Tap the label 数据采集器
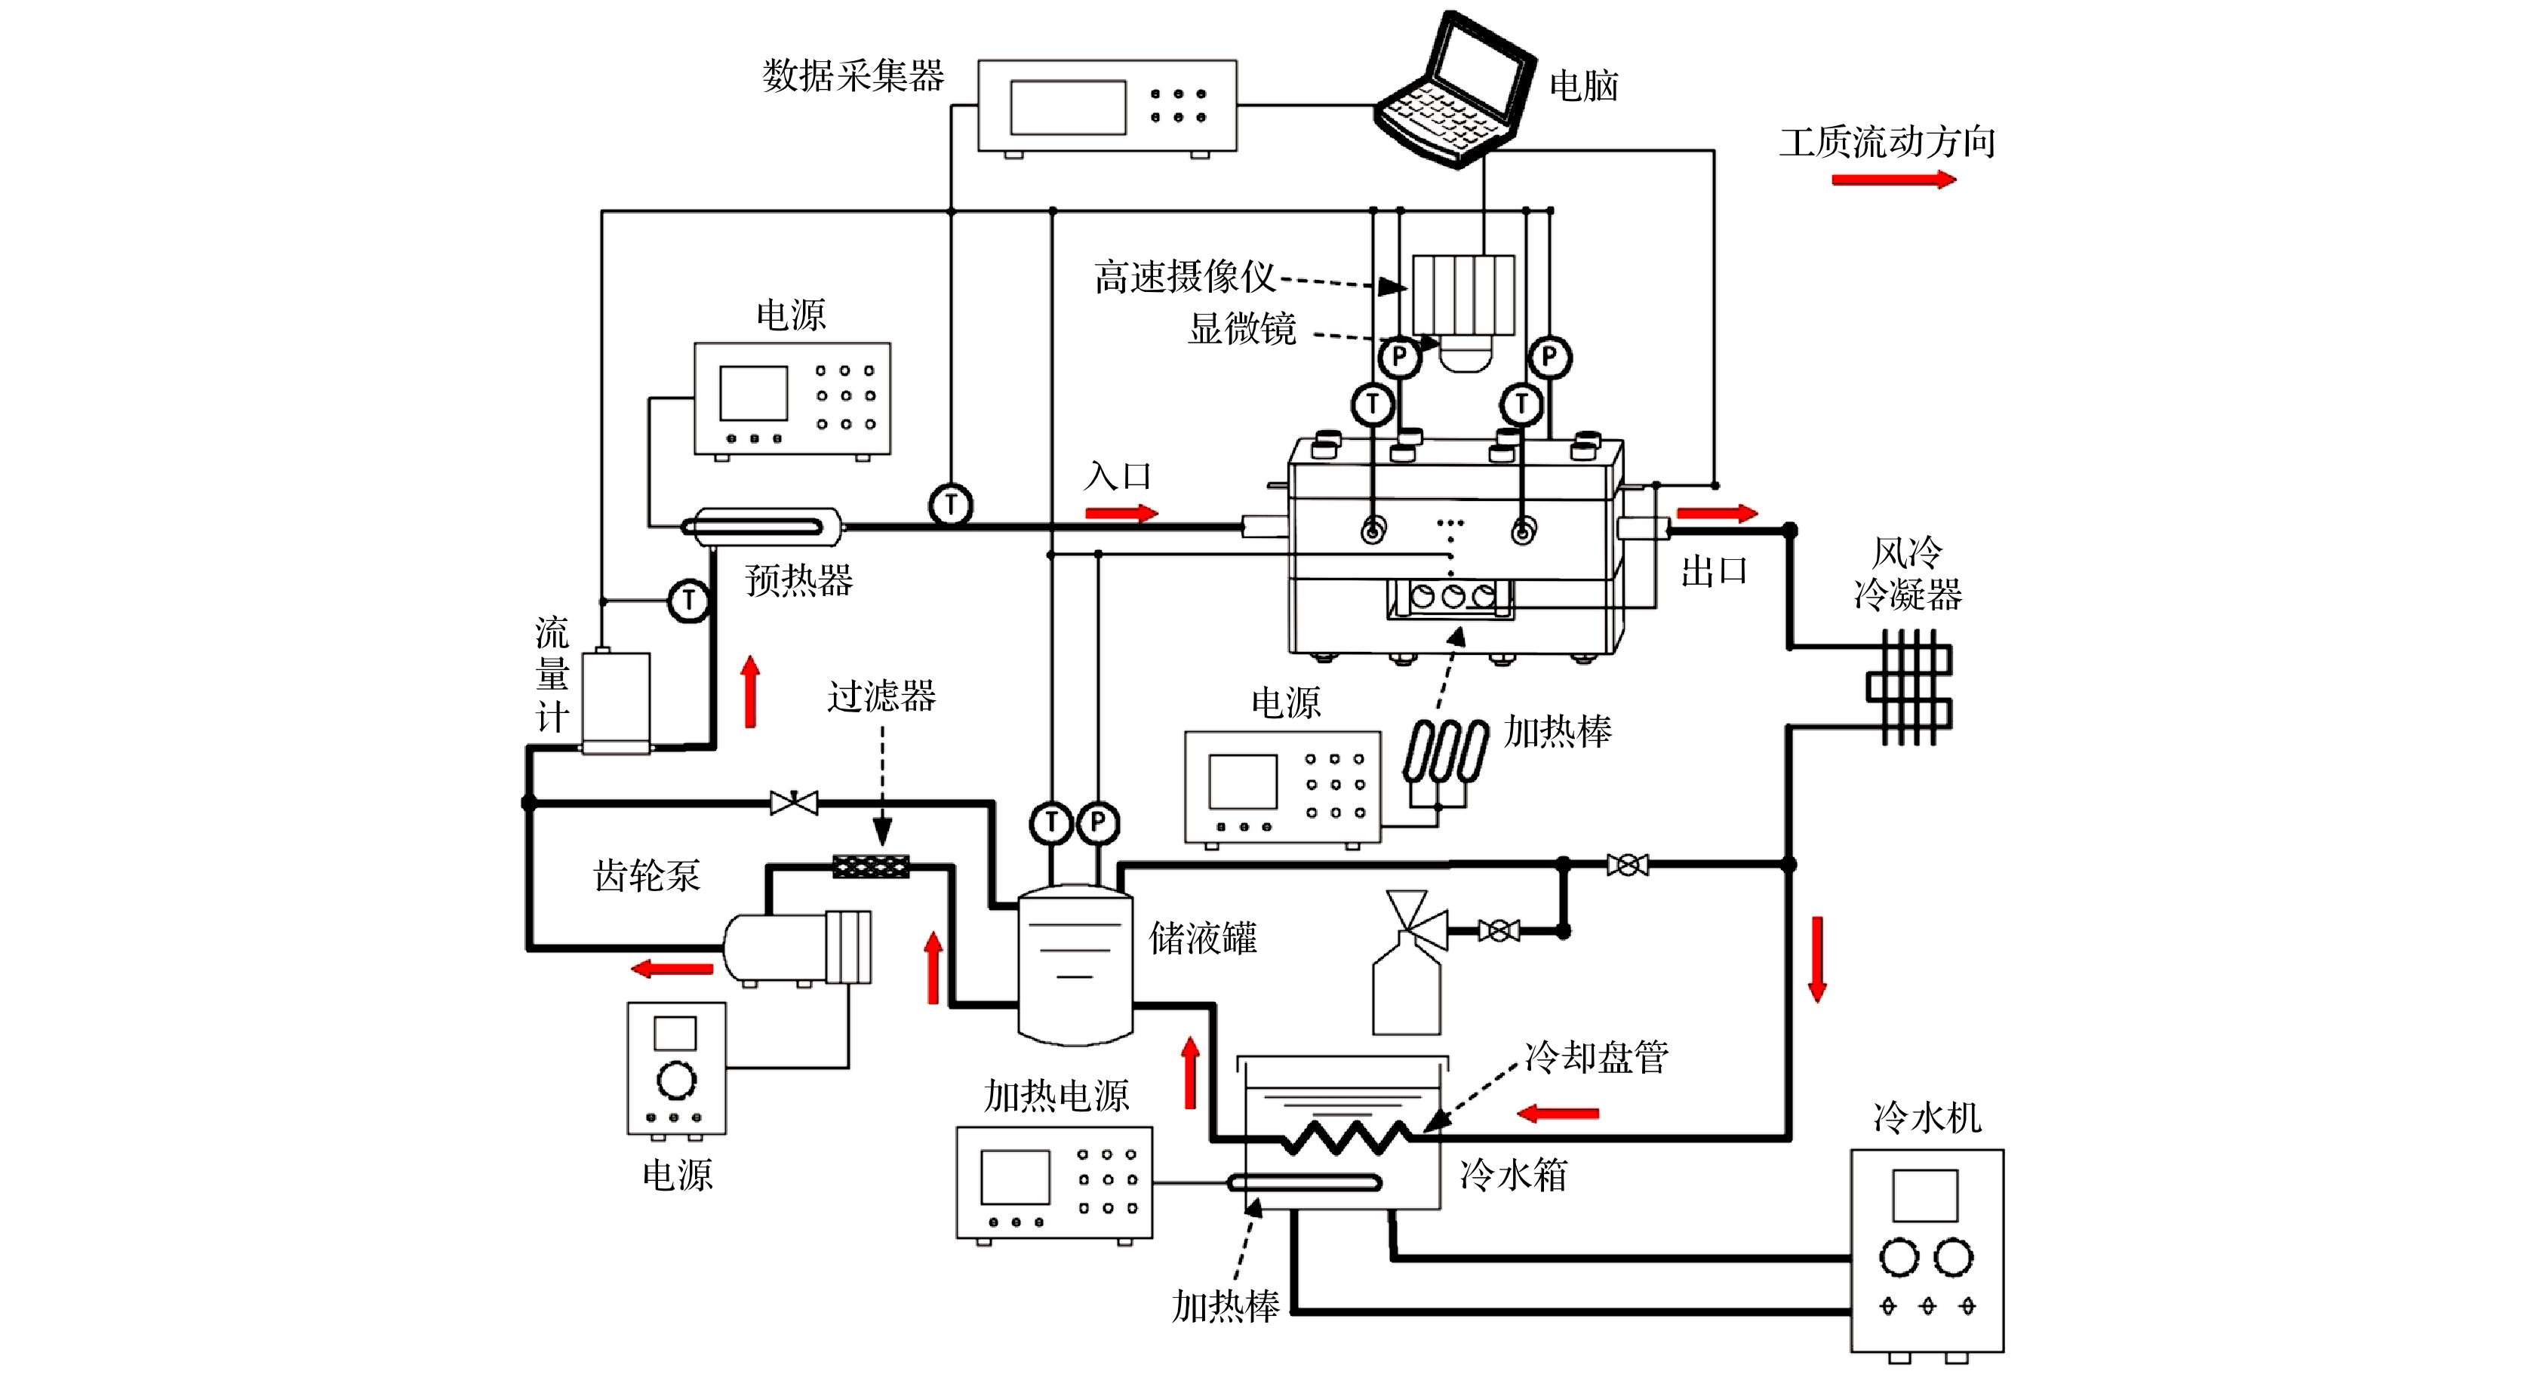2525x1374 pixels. (x=853, y=75)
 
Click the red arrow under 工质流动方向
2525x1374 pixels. (x=1893, y=180)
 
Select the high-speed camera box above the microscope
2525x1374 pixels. (x=1462, y=294)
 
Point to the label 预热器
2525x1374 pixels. (x=799, y=580)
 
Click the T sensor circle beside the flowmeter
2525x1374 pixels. (x=689, y=600)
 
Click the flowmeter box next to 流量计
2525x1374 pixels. (x=616, y=702)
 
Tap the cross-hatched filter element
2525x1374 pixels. (x=870, y=866)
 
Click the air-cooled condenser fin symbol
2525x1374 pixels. (x=1908, y=687)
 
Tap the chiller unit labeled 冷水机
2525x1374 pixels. (x=1926, y=1250)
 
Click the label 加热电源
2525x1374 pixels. (x=1056, y=1096)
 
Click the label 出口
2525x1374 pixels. (x=1713, y=571)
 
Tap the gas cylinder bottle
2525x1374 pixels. (x=1406, y=985)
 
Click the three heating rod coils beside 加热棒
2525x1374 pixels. (x=1446, y=753)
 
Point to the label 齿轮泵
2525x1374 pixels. (x=647, y=875)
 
